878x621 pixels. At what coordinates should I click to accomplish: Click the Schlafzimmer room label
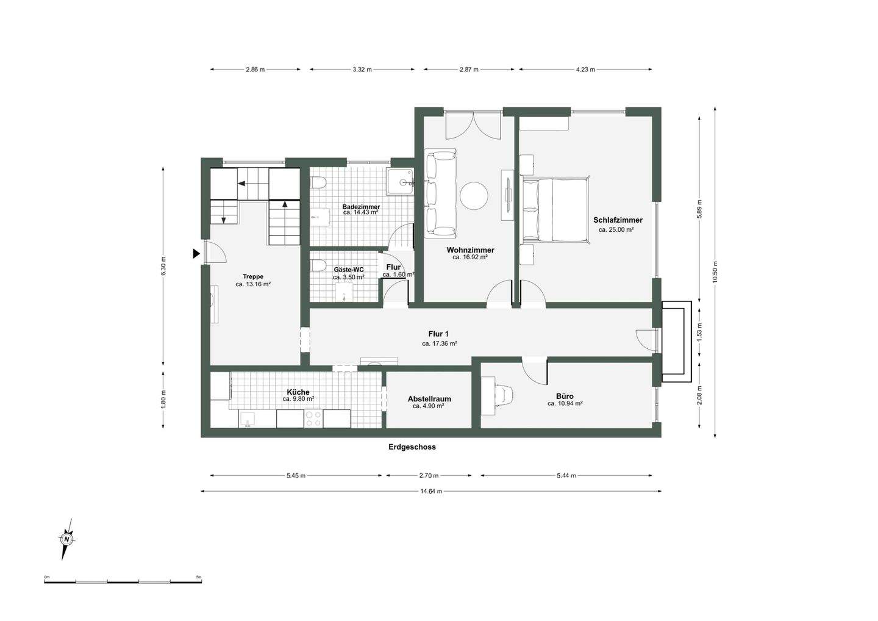pyautogui.click(x=618, y=220)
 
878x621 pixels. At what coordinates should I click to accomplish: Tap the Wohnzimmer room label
pyautogui.click(x=470, y=249)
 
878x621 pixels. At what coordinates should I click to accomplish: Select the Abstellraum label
pyautogui.click(x=429, y=399)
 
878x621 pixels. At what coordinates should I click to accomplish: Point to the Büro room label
pyautogui.click(x=565, y=397)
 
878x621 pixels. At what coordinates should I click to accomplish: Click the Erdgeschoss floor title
pyautogui.click(x=412, y=447)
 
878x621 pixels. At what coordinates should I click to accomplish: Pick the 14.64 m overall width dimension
pyautogui.click(x=431, y=491)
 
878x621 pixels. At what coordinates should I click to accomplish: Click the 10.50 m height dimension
pyautogui.click(x=715, y=272)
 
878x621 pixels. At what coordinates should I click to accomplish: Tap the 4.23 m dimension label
pyautogui.click(x=585, y=70)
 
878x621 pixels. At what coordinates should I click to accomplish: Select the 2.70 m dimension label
pyautogui.click(x=429, y=476)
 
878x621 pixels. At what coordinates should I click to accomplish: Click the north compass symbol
pyautogui.click(x=67, y=539)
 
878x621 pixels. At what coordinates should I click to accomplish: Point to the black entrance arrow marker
pyautogui.click(x=196, y=254)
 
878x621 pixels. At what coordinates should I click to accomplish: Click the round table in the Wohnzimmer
pyautogui.click(x=474, y=196)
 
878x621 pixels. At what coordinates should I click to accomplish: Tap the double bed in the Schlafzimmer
pyautogui.click(x=555, y=209)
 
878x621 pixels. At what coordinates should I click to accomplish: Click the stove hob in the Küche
pyautogui.click(x=313, y=418)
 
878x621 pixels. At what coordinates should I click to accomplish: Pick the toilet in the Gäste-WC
pyautogui.click(x=318, y=265)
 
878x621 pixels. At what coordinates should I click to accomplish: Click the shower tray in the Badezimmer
pyautogui.click(x=400, y=182)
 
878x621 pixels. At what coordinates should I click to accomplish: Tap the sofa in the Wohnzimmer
pyautogui.click(x=441, y=193)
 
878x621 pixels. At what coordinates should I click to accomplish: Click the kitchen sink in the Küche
pyautogui.click(x=247, y=419)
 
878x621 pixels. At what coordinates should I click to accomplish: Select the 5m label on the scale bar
pyautogui.click(x=199, y=577)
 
